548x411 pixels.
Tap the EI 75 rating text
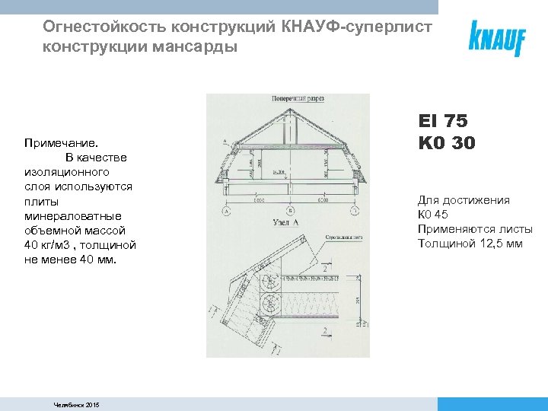point(442,121)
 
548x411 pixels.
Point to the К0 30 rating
point(446,142)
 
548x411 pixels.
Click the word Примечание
point(62,142)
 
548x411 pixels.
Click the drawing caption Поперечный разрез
point(295,99)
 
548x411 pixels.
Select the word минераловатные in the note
point(73,215)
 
